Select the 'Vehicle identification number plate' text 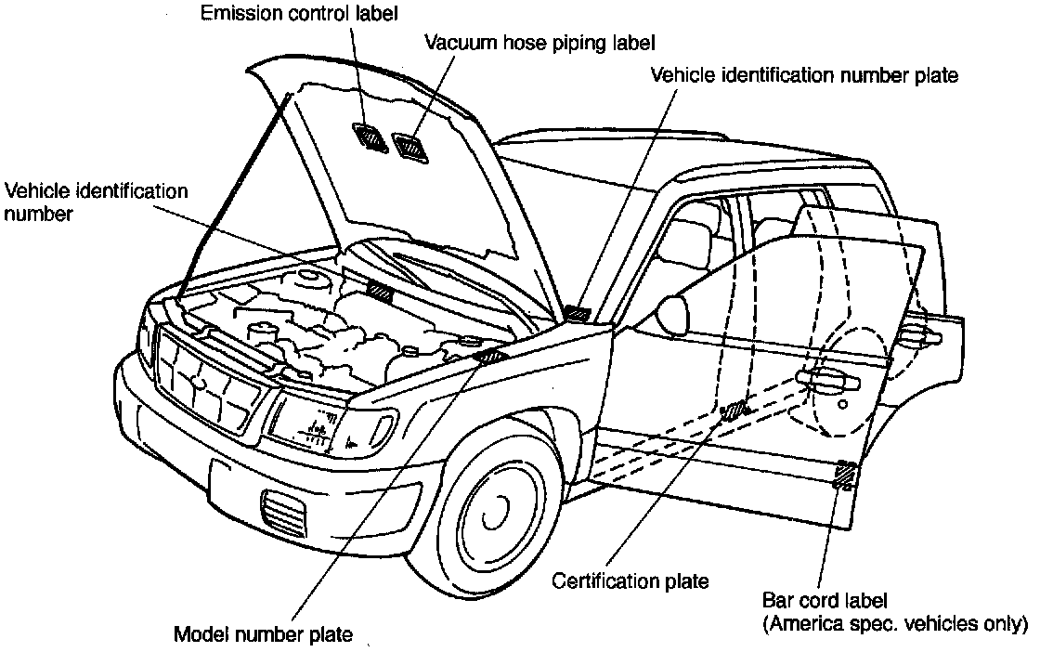point(803,75)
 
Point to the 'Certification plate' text point(630,581)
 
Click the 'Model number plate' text point(264,635)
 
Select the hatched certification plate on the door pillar point(734,410)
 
